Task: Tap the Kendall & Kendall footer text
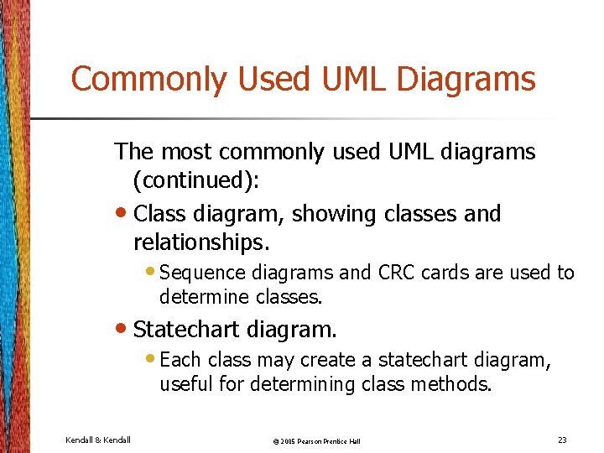click(x=97, y=440)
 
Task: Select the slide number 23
click(x=561, y=440)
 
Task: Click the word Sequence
click(x=197, y=273)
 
